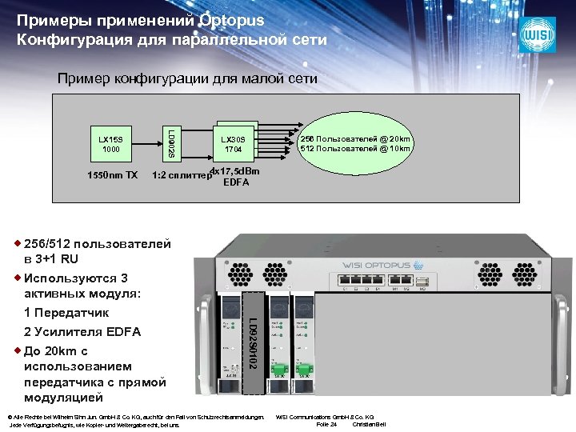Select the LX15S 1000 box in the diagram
110,143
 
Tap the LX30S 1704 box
234,144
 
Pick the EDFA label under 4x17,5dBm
236,182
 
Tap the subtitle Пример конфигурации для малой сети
187,78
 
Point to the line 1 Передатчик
66,312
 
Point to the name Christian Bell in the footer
369,424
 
